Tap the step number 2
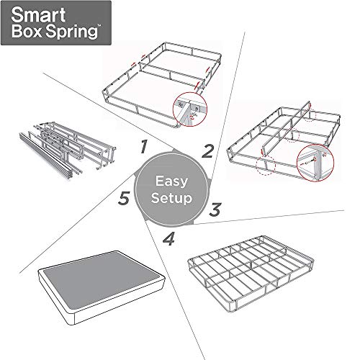point(207,150)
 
